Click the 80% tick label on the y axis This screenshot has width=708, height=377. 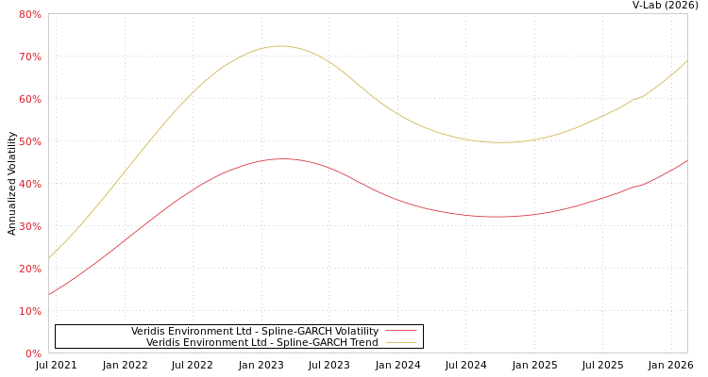point(29,14)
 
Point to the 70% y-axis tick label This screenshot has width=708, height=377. point(29,57)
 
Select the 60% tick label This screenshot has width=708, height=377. point(29,99)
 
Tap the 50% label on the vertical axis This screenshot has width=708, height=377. point(29,141)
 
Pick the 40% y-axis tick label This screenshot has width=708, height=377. point(29,184)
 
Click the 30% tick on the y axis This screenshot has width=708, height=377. point(29,226)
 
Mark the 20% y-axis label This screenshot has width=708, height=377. point(29,269)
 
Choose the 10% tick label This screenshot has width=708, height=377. point(29,311)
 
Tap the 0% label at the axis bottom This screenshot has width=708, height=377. point(32,353)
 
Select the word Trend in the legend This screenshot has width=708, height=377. point(362,342)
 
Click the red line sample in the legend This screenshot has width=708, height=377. point(400,331)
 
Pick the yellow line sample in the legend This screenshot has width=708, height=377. point(400,342)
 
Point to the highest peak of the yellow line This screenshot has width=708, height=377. point(280,45)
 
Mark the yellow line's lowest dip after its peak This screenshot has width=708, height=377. point(501,142)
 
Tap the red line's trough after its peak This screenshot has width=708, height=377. point(497,217)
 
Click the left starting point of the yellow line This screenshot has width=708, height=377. point(49,257)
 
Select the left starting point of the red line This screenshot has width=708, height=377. point(49,294)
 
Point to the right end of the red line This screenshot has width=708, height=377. point(686,160)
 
